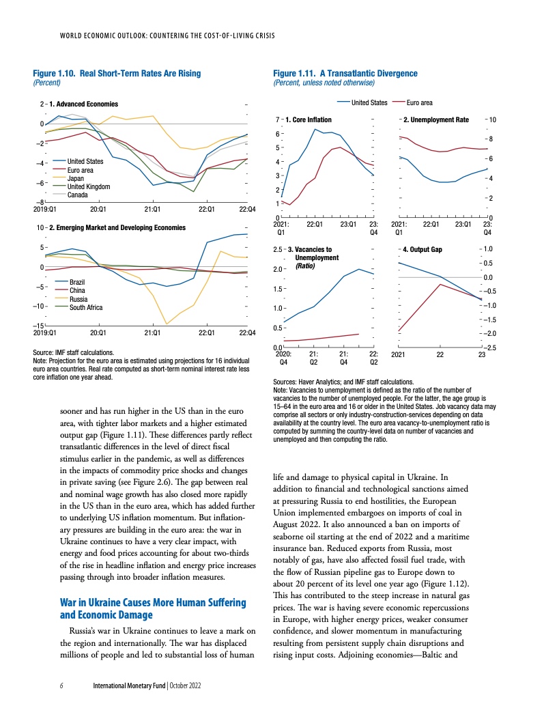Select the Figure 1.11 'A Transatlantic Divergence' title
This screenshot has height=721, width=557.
click(345, 73)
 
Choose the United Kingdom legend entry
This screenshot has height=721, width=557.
click(88, 187)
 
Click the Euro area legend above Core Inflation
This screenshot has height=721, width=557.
click(418, 102)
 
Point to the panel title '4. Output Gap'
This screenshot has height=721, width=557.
click(423, 249)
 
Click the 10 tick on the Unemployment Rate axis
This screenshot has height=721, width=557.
click(494, 120)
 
